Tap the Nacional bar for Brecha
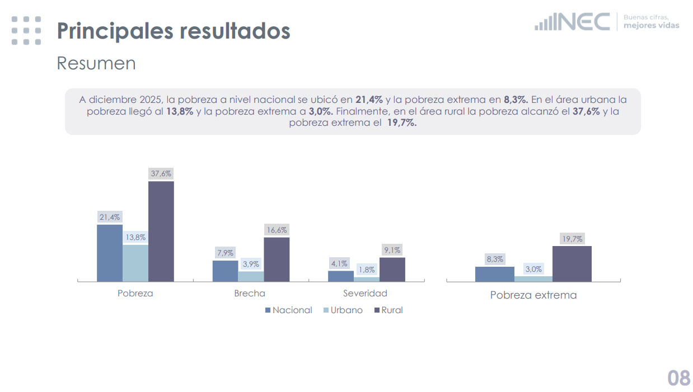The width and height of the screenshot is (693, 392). pos(225,271)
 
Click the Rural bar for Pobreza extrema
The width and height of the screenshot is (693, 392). pos(572,263)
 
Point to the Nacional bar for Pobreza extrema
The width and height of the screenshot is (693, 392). pos(495,273)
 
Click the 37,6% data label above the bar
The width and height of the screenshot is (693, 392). pos(161,174)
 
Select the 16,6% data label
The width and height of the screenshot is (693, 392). pos(277,230)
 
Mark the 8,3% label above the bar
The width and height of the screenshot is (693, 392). pos(495,259)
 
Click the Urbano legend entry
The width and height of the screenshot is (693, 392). pos(343,310)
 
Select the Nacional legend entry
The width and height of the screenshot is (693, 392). pos(288,310)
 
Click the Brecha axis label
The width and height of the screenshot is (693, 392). pos(250,293)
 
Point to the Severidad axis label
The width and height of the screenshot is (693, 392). pos(365,293)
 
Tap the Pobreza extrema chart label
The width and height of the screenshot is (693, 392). pos(533,295)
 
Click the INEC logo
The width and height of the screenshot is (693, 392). pos(573,22)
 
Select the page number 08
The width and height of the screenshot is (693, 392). pos(678,378)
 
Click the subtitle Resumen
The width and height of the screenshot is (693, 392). pos(96,63)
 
